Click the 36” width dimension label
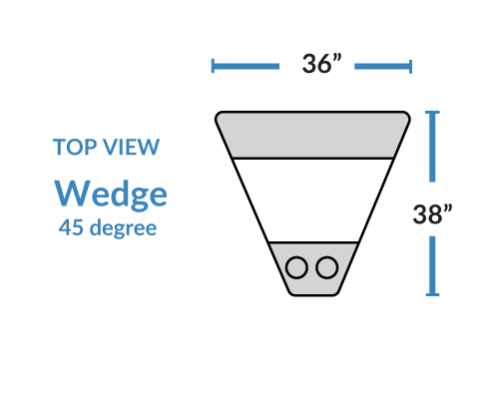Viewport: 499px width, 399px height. pyautogui.click(x=321, y=64)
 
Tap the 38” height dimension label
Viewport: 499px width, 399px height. pyautogui.click(x=432, y=213)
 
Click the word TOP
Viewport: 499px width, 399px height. pyautogui.click(x=75, y=147)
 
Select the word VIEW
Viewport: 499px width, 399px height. pyautogui.click(x=131, y=147)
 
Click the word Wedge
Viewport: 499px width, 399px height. pyautogui.click(x=111, y=195)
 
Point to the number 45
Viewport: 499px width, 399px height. pyautogui.click(x=71, y=227)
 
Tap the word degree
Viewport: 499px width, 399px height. pyautogui.click(x=123, y=228)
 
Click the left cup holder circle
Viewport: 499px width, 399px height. pyautogui.click(x=296, y=267)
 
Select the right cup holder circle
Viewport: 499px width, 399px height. pyautogui.click(x=327, y=267)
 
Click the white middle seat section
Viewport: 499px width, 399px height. pyautogui.click(x=312, y=200)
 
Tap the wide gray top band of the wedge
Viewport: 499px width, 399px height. pyautogui.click(x=312, y=135)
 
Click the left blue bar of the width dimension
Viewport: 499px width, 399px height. pyautogui.click(x=246, y=66)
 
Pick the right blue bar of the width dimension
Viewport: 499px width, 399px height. pyautogui.click(x=383, y=67)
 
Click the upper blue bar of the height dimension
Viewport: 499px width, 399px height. pyautogui.click(x=432, y=147)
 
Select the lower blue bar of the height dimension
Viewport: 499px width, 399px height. pyautogui.click(x=432, y=266)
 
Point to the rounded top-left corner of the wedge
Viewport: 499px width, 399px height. pyautogui.click(x=218, y=115)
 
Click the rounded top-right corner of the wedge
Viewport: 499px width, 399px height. pyautogui.click(x=407, y=115)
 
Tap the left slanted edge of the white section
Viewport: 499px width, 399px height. pyautogui.click(x=250, y=200)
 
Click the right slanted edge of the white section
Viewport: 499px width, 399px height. pyautogui.click(x=375, y=200)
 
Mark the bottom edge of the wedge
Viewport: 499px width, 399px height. pyautogui.click(x=313, y=295)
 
